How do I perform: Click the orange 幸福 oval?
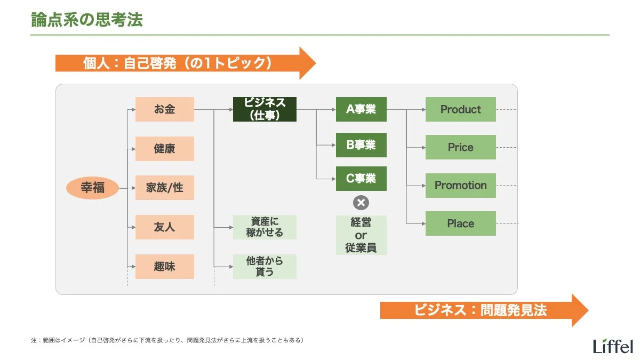point(92,188)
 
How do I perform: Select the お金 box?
point(164,109)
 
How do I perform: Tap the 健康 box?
point(164,148)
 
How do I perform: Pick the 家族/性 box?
point(164,188)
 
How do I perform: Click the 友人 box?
point(164,227)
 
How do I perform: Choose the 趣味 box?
point(164,266)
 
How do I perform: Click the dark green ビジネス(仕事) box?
point(265,109)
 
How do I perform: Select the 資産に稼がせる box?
point(265,227)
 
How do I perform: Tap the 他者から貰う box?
point(265,266)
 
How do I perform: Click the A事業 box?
point(361,109)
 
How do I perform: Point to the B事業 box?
point(361,145)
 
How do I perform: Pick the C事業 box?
point(361,179)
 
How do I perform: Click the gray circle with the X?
point(361,203)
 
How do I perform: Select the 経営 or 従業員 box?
point(361,235)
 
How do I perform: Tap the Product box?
point(460,109)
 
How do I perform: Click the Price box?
point(460,147)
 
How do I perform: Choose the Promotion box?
point(460,186)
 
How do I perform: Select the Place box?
point(460,223)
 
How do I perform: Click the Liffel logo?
point(613,345)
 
